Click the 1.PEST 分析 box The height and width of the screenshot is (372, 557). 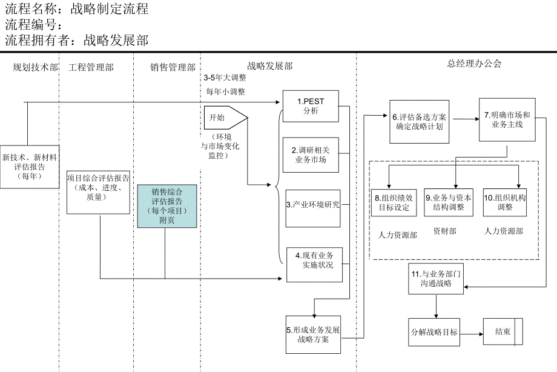311,106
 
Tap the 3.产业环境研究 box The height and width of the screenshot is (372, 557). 313,205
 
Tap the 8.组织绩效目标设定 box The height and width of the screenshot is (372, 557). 394,202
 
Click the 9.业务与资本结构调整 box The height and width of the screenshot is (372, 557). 449,202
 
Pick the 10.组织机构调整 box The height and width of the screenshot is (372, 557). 504,202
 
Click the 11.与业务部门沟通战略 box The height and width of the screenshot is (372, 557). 436,278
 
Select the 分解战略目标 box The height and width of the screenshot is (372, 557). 433,333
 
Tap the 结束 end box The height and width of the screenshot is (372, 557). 503,332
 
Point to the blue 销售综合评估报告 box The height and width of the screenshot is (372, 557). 166,206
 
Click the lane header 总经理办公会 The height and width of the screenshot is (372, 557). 474,64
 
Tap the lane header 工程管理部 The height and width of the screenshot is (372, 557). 91,67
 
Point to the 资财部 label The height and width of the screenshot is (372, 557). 445,231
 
